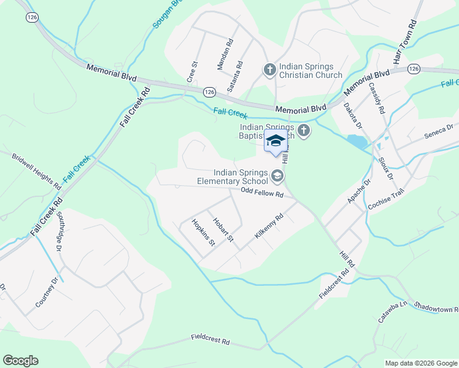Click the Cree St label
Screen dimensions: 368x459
coord(191,72)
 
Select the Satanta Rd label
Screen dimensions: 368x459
coord(235,77)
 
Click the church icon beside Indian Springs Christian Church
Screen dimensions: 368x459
coord(269,70)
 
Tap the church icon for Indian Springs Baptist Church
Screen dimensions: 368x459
coord(304,130)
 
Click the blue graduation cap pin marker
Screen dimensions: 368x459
coord(276,141)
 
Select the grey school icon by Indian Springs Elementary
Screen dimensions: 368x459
coord(278,177)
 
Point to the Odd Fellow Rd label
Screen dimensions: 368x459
coord(261,193)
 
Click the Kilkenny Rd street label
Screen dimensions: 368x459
coord(269,226)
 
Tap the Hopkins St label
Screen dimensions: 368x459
coord(203,232)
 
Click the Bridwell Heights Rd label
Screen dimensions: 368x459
coord(37,171)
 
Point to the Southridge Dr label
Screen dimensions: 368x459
coord(60,231)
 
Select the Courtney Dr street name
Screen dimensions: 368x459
coord(46,292)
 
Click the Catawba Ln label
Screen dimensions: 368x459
coord(393,312)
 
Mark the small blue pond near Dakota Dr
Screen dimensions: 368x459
coord(357,141)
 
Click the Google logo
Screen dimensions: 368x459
coord(20,360)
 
